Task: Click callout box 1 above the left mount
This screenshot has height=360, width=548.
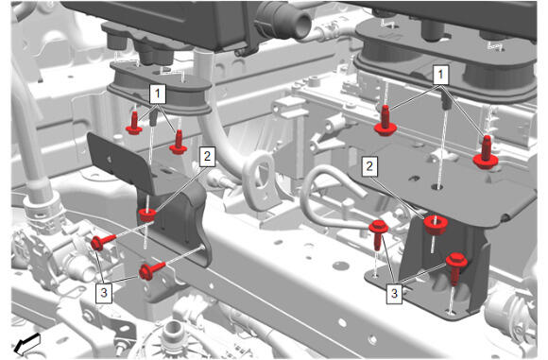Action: (x=158, y=94)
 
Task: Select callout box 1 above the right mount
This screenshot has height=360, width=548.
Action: (x=440, y=75)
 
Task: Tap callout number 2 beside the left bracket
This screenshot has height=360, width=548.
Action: (x=207, y=156)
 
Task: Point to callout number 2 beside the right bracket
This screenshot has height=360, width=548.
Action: (x=369, y=166)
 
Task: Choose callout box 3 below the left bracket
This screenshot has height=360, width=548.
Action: (x=104, y=293)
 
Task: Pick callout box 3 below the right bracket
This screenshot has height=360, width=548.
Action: (x=394, y=293)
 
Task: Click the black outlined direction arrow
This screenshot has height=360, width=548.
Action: (x=26, y=343)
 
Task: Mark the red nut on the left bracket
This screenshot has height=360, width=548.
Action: (x=147, y=214)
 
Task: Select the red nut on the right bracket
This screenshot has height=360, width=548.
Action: (x=436, y=224)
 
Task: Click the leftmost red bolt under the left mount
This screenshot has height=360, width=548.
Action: (x=134, y=123)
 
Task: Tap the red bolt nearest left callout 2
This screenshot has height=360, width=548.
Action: (x=179, y=142)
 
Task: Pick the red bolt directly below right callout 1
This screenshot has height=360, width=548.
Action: (x=385, y=121)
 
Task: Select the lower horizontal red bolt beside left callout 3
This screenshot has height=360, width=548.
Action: (x=152, y=271)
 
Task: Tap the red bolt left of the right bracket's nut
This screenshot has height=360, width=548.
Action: (x=378, y=234)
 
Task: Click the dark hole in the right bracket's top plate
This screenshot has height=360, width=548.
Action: (x=437, y=187)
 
